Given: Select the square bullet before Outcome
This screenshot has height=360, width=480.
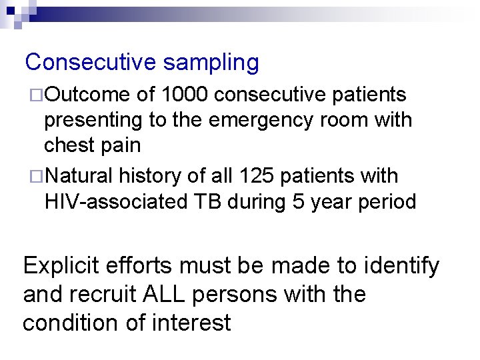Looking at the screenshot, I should point(37,95).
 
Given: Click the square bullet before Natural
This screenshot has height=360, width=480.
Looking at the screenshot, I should point(37,177).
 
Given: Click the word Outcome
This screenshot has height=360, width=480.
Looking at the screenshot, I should point(87,95).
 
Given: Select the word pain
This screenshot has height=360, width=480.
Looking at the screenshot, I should point(121,145).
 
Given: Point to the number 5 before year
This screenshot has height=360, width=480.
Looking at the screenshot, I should point(297,201).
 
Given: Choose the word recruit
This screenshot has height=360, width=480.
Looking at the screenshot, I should point(107,294).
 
